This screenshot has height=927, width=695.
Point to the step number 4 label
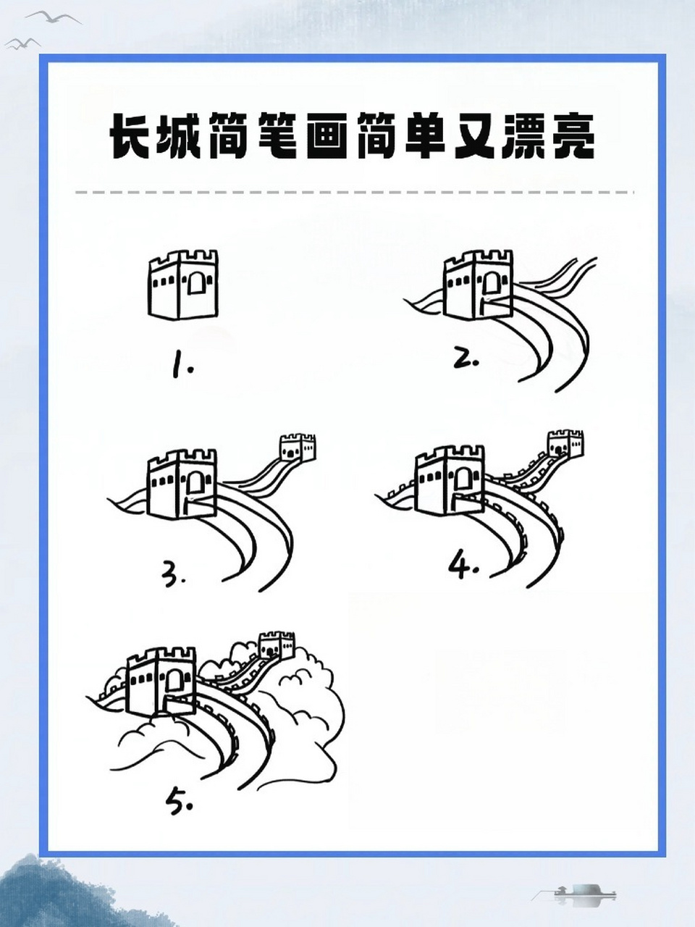pyautogui.click(x=463, y=566)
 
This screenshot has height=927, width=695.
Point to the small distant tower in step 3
pyautogui.click(x=298, y=448)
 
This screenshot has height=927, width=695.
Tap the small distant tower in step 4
pyautogui.click(x=565, y=443)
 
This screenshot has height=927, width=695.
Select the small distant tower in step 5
pyautogui.click(x=277, y=644)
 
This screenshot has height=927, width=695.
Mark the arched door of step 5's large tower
pyautogui.click(x=174, y=681)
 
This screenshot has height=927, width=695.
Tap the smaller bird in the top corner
pyautogui.click(x=22, y=44)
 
